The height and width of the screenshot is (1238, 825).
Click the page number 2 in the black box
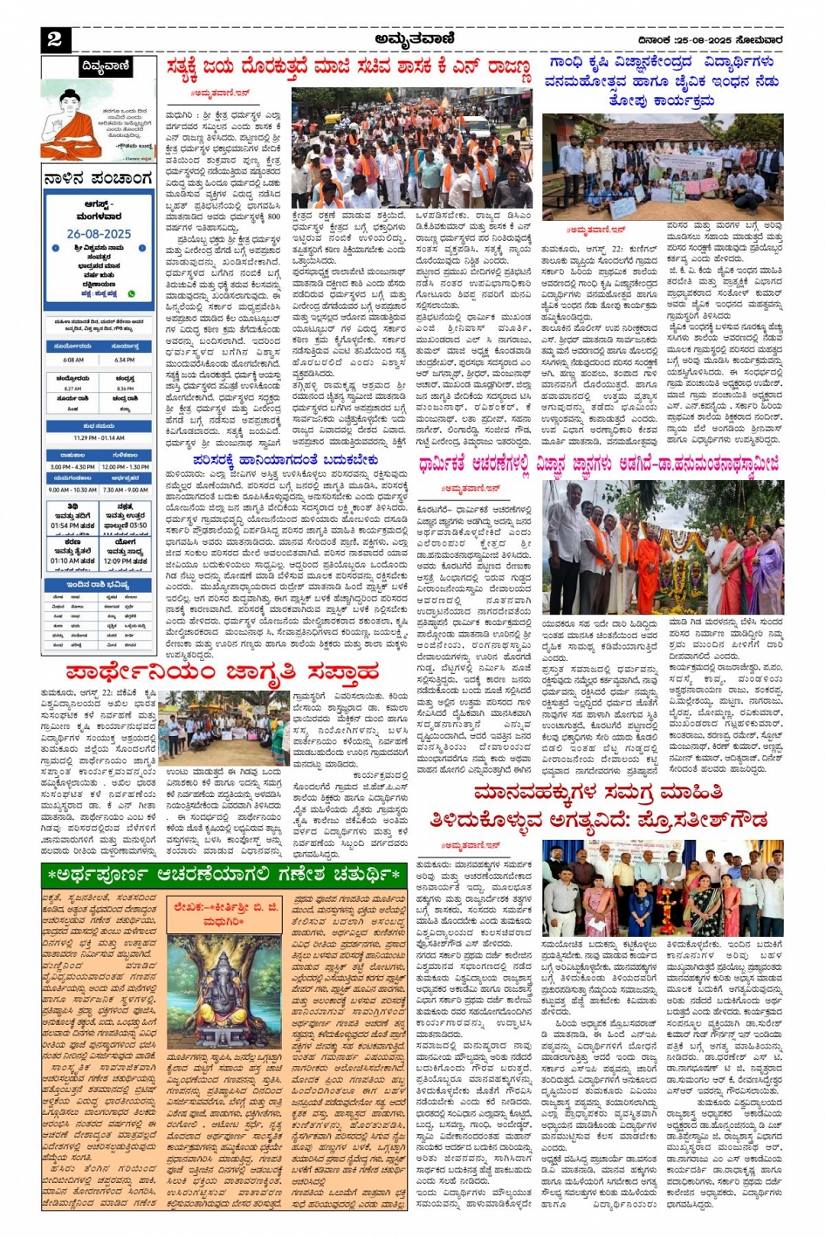pyautogui.click(x=54, y=38)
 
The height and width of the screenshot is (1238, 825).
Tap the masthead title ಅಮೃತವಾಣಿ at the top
pyautogui.click(x=415, y=38)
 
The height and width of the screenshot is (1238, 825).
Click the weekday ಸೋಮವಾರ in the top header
pyautogui.click(x=760, y=39)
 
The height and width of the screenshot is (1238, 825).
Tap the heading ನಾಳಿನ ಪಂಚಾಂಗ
pyautogui.click(x=99, y=179)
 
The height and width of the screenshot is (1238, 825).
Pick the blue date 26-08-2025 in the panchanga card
pyautogui.click(x=99, y=234)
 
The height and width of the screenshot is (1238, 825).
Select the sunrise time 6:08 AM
pyautogui.click(x=74, y=359)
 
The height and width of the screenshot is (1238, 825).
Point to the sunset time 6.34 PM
pyautogui.click(x=124, y=359)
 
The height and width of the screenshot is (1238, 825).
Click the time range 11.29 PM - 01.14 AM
pyautogui.click(x=99, y=437)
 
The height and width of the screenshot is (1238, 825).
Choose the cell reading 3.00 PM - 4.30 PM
pyautogui.click(x=72, y=466)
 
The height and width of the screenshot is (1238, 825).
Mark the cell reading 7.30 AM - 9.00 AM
pyautogui.click(x=126, y=489)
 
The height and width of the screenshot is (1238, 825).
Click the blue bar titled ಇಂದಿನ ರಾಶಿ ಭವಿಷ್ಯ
pyautogui.click(x=99, y=584)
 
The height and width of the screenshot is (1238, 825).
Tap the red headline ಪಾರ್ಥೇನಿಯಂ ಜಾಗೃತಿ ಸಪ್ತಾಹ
pyautogui.click(x=223, y=672)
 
